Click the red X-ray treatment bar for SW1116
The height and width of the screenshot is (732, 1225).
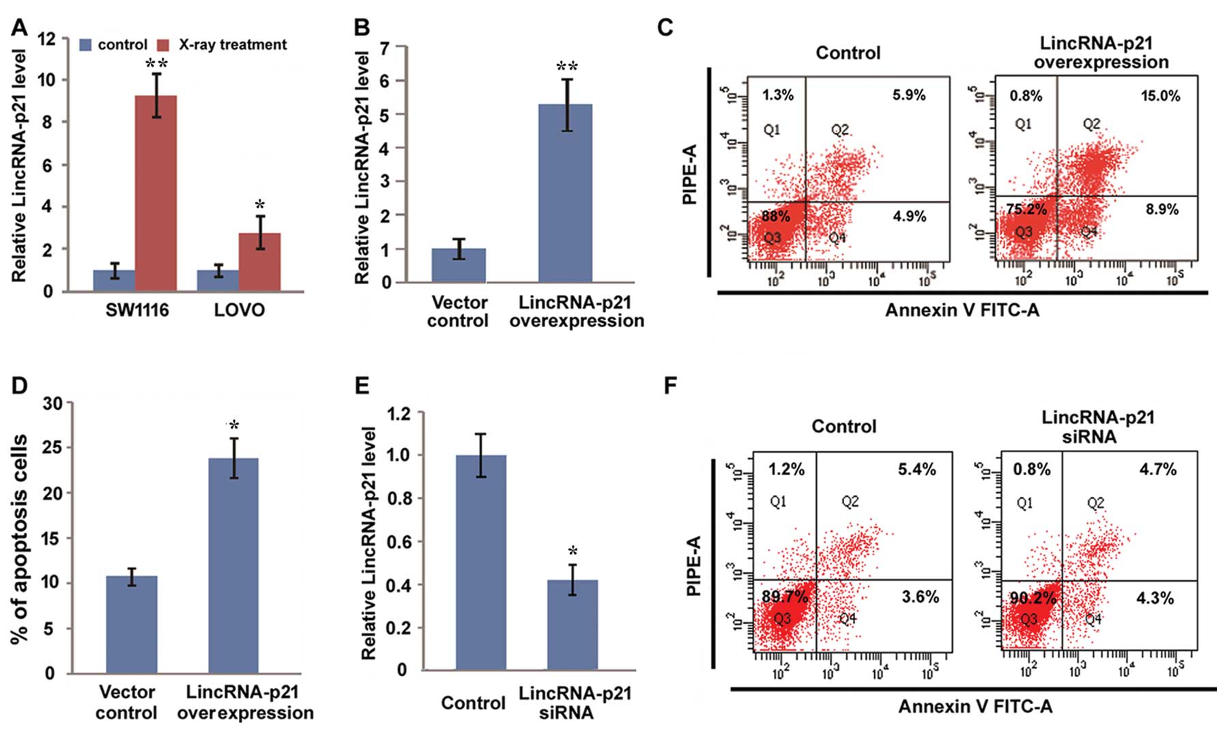pyautogui.click(x=156, y=194)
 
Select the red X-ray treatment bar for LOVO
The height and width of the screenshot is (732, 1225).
pyautogui.click(x=259, y=262)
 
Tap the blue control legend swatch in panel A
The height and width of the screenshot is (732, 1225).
pyautogui.click(x=86, y=45)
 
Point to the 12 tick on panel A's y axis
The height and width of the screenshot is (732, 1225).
pyautogui.click(x=47, y=39)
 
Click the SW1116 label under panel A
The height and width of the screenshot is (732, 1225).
pyautogui.click(x=137, y=311)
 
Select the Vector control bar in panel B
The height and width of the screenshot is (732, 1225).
pyautogui.click(x=459, y=266)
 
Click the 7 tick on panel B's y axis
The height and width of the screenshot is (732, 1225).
pyautogui.click(x=386, y=48)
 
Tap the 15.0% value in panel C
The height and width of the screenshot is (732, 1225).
pyautogui.click(x=1160, y=96)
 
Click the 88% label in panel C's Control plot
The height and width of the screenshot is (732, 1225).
pyautogui.click(x=776, y=217)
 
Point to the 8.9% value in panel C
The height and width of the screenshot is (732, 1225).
pyautogui.click(x=1162, y=210)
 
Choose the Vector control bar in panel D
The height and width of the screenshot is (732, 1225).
pyautogui.click(x=131, y=625)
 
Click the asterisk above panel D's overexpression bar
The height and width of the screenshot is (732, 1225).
pyautogui.click(x=234, y=425)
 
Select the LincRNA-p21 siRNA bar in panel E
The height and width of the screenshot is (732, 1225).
pyautogui.click(x=572, y=625)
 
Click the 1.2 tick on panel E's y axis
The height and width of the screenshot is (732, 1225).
pyautogui.click(x=400, y=413)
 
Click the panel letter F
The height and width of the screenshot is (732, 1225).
pyautogui.click(x=671, y=386)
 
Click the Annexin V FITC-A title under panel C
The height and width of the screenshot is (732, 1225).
pyautogui.click(x=962, y=311)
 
